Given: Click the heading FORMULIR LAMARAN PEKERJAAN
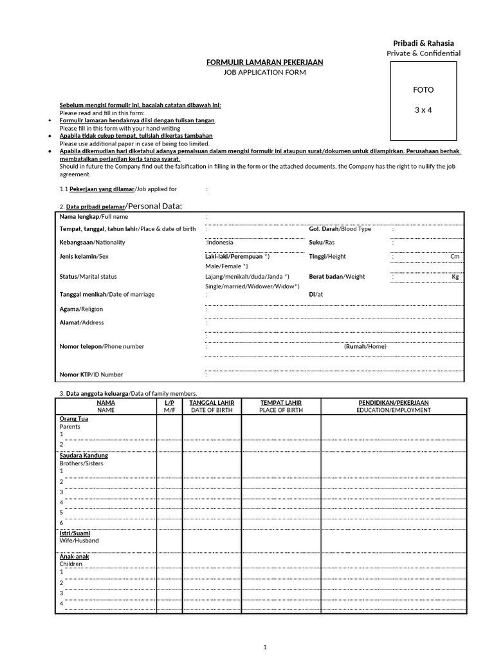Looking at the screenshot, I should click(264, 62).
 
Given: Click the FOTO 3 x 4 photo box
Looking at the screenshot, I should click(423, 100).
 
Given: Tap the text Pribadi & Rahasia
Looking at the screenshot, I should click(423, 43).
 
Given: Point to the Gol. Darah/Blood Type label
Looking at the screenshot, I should click(340, 229).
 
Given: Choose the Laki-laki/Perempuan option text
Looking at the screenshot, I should click(233, 256).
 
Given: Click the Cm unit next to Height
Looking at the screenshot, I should click(455, 256).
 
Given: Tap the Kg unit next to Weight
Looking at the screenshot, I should click(455, 277).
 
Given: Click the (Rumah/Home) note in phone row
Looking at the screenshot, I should click(365, 346).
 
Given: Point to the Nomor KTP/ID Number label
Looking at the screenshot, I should click(91, 375).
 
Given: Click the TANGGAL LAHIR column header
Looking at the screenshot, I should click(212, 403).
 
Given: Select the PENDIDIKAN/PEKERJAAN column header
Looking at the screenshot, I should click(394, 403).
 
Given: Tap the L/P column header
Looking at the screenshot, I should click(169, 403).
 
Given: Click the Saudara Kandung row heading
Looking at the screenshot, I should click(84, 456).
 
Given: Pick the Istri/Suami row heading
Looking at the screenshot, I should click(75, 534).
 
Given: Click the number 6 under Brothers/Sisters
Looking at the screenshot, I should click(62, 523).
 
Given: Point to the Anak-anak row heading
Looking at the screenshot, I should click(74, 557).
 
